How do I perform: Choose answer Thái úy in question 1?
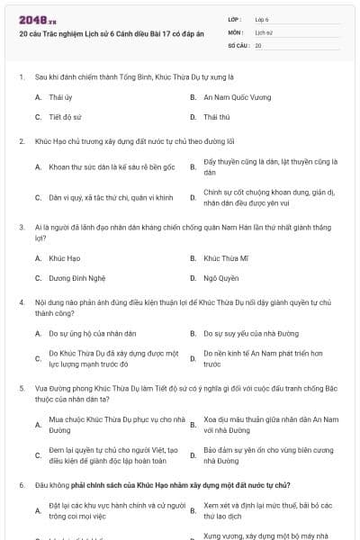point(60,95)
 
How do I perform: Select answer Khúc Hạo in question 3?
point(65,258)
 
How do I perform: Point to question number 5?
point(21,386)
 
